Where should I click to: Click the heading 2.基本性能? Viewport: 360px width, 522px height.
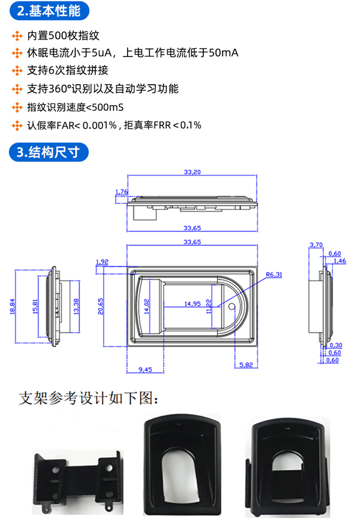click(x=49, y=11)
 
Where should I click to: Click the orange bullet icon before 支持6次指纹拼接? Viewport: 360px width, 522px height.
click(x=17, y=71)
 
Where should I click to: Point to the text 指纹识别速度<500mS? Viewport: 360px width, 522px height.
click(x=75, y=107)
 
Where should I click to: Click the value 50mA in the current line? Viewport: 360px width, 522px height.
click(x=224, y=53)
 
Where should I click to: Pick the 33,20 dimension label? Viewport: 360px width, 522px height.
click(x=192, y=173)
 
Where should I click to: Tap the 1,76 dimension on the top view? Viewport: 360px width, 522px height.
click(x=121, y=192)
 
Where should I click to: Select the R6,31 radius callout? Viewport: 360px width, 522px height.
click(x=274, y=275)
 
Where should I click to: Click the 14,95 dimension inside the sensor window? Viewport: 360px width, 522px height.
click(x=192, y=303)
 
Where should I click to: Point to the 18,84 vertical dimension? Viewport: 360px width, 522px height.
click(x=12, y=306)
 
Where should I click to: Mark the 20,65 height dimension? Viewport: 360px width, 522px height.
click(x=100, y=306)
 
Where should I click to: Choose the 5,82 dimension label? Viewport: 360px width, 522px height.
click(x=246, y=365)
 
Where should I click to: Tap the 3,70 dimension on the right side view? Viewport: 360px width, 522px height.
click(x=316, y=245)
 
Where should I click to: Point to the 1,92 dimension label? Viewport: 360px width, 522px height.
click(x=102, y=262)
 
